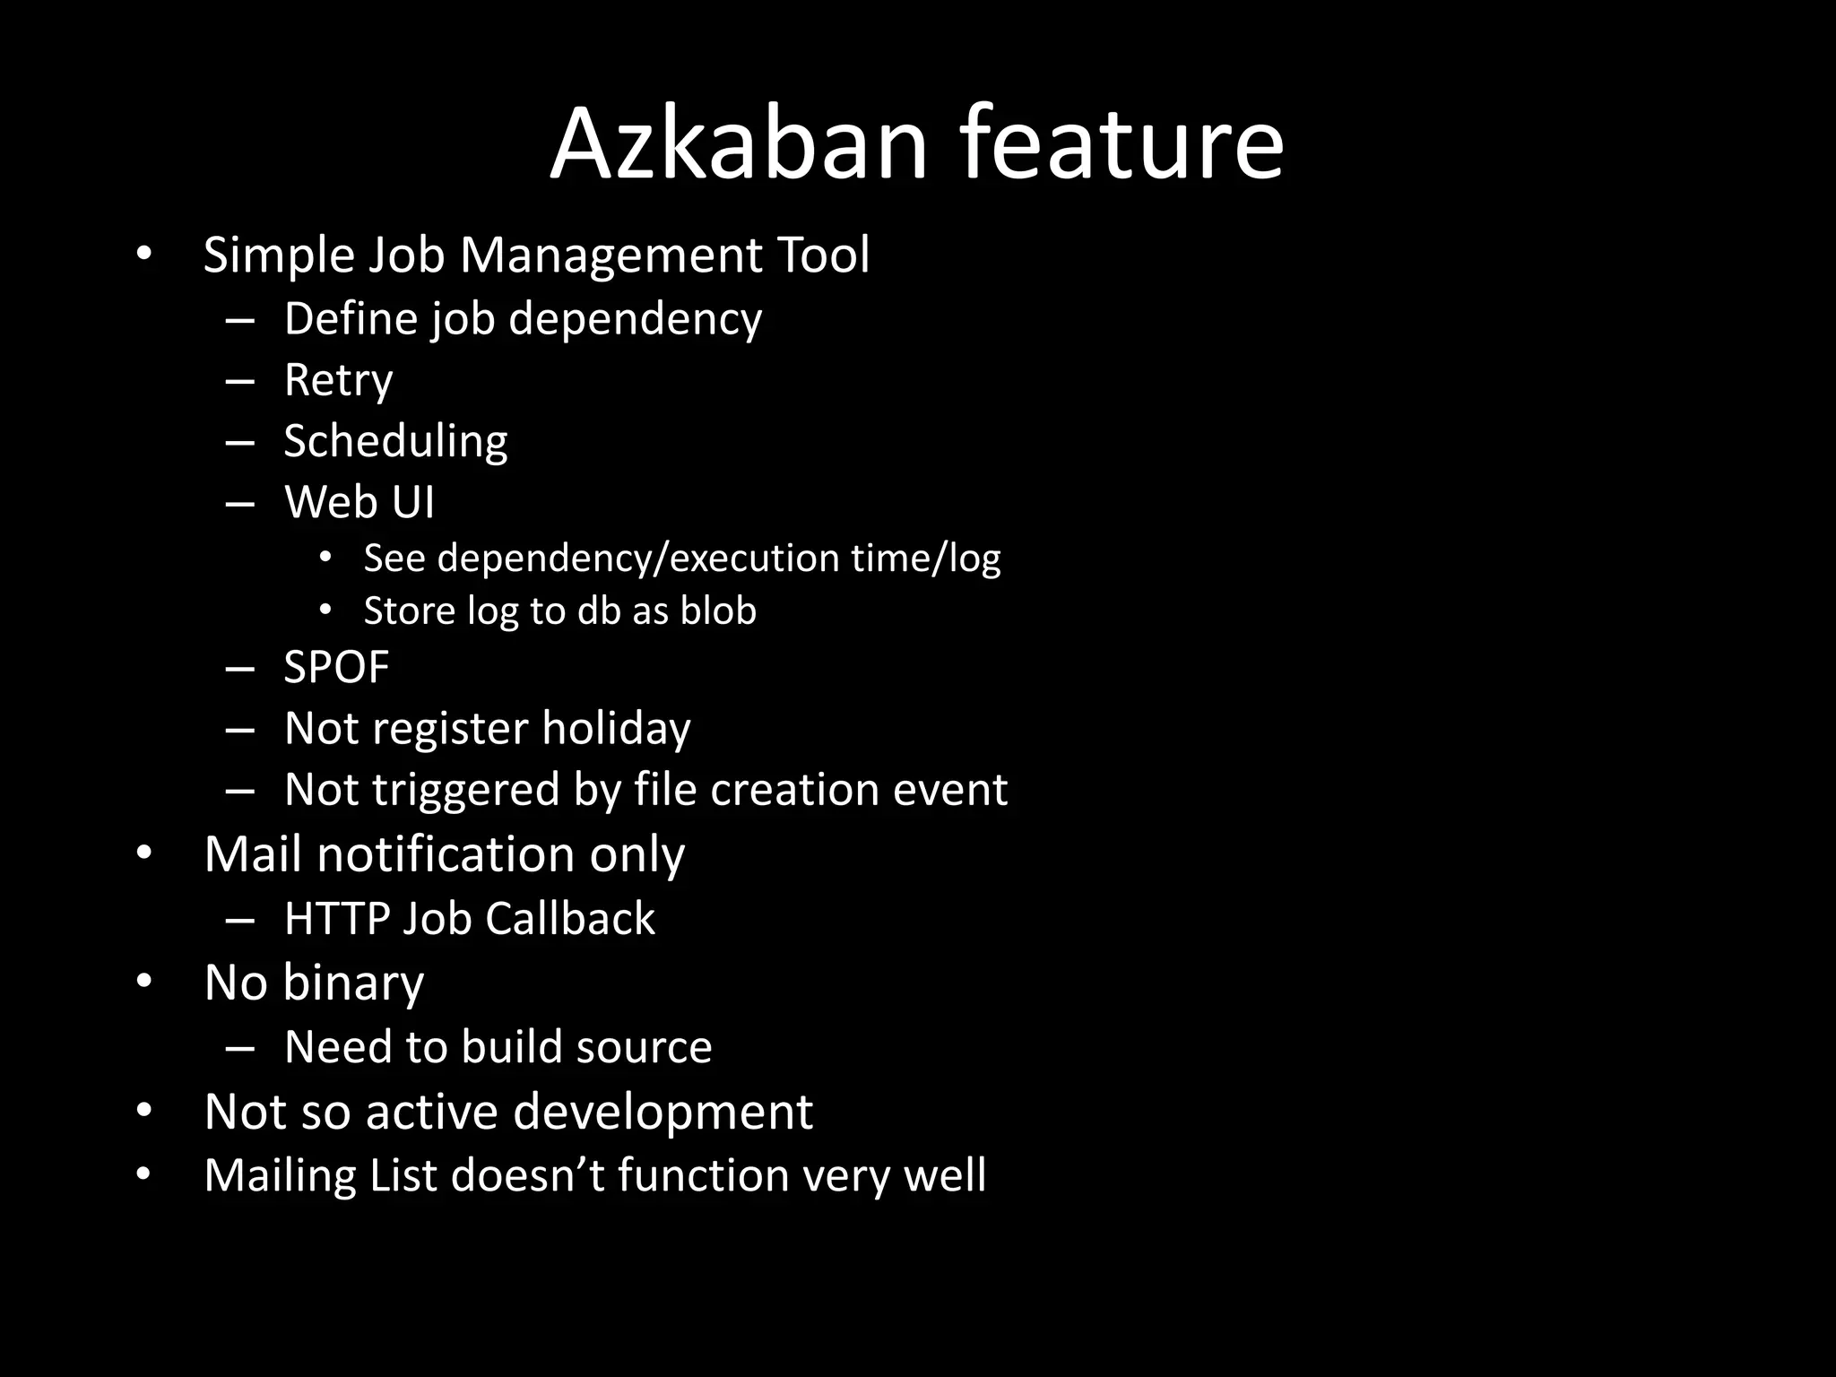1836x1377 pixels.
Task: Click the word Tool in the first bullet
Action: pos(823,255)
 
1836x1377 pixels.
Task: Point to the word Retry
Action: pos(338,381)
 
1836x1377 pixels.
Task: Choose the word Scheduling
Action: pos(395,442)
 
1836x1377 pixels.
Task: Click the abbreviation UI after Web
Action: pos(412,502)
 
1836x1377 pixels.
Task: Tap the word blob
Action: pos(718,611)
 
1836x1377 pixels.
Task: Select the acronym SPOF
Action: pos(336,668)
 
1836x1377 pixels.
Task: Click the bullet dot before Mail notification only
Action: pos(144,854)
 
